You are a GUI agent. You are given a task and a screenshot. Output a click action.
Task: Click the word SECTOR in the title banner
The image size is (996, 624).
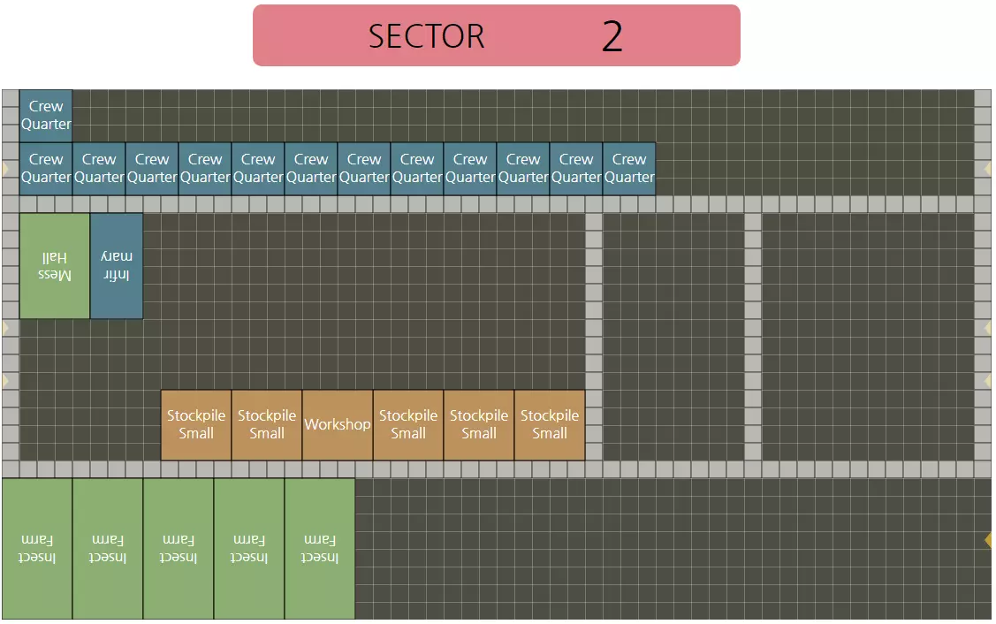coord(426,36)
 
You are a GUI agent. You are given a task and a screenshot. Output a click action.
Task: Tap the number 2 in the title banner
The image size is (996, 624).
coord(612,36)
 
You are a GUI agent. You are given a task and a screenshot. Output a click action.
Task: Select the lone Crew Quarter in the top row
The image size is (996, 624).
coord(46,116)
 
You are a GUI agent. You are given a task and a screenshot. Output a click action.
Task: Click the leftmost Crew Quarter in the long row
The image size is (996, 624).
coord(46,169)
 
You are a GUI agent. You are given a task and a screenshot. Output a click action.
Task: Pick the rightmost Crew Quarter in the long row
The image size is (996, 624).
coord(629,169)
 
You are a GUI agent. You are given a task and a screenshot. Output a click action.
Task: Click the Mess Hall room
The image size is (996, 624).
coord(55,266)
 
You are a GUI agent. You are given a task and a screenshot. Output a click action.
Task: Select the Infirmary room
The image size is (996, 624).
coord(117,266)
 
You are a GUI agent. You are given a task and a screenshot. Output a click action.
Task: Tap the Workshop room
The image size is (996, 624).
coord(338,425)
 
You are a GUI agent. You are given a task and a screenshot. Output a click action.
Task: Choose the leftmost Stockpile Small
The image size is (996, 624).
coord(196,425)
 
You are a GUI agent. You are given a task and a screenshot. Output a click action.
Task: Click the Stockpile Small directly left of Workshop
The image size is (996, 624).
coord(267,425)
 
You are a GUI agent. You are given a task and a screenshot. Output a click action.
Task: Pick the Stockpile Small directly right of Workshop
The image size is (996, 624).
coord(408,425)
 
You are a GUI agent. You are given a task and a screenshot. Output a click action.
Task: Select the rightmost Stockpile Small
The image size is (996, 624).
coord(550,425)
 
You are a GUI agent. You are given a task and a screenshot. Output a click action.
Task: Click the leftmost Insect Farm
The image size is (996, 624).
coord(37,549)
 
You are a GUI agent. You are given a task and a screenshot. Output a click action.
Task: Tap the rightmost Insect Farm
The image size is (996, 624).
coord(320,549)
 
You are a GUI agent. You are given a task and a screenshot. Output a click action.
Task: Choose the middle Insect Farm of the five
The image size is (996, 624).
coord(179,549)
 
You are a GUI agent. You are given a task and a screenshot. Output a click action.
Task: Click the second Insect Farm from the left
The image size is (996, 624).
coord(108,549)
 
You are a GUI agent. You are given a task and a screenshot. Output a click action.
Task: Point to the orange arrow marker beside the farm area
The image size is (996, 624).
coord(988,539)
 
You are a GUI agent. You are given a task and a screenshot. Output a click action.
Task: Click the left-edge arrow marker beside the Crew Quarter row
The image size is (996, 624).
coord(5,168)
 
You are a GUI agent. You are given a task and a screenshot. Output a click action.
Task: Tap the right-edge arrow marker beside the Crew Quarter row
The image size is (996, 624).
coord(988,168)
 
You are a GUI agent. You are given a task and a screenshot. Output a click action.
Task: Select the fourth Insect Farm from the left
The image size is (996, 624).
coord(249,549)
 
